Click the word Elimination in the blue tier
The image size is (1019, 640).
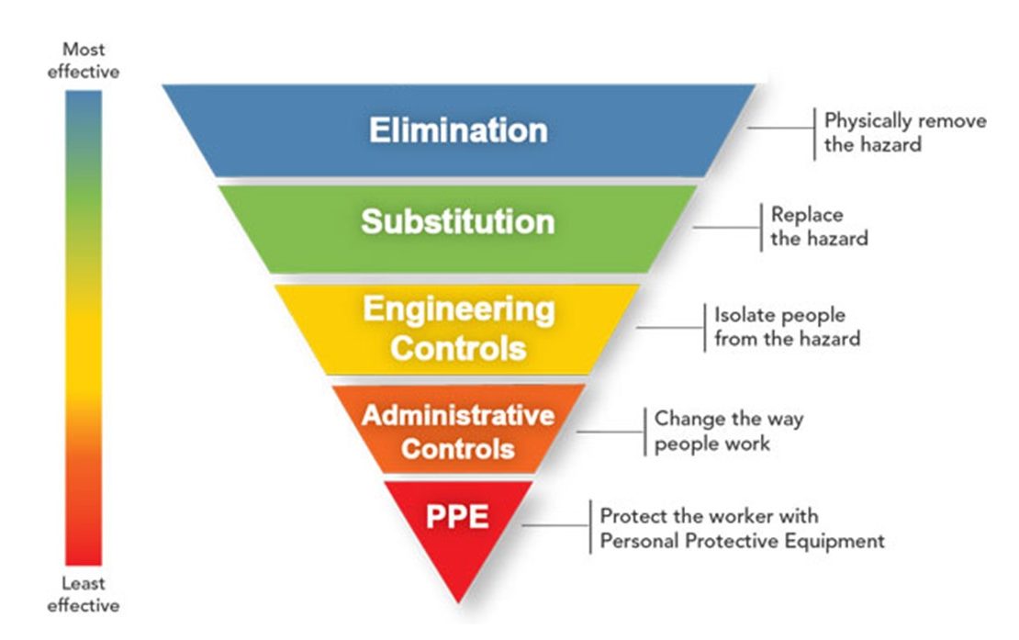[458, 129]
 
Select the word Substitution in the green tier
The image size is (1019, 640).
[457, 221]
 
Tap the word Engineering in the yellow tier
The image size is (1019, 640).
[458, 309]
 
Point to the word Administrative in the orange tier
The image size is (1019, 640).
[457, 415]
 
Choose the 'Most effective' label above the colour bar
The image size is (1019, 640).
[84, 60]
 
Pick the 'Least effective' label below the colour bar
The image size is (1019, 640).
[84, 594]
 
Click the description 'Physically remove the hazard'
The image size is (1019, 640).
[904, 132]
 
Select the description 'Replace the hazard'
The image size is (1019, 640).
[819, 226]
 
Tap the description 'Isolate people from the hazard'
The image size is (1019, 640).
[787, 327]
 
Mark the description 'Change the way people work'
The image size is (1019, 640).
[728, 431]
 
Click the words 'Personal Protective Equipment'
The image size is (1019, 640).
[742, 541]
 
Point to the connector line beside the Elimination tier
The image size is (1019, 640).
[781, 127]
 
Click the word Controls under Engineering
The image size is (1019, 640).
[458, 349]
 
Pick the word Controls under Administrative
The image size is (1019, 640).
[458, 450]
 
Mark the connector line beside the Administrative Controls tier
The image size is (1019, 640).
[611, 431]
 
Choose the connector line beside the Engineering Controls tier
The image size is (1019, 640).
[670, 327]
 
